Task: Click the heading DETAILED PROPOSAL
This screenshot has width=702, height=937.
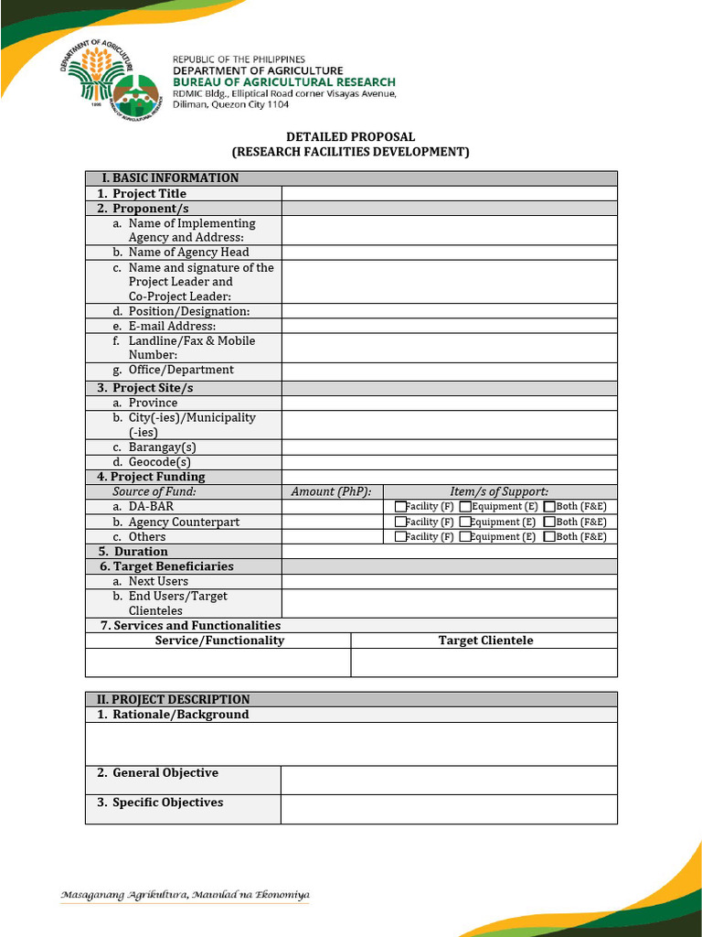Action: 350,136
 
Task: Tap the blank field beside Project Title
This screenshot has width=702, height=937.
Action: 449,193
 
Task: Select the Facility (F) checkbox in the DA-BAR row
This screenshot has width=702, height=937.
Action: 400,507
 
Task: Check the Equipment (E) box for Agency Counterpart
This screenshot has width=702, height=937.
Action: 465,522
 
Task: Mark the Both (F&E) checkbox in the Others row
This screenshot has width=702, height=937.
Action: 548,537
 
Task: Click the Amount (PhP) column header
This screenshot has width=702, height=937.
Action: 331,491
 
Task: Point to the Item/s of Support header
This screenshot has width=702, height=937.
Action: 499,491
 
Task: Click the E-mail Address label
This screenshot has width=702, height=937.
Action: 172,326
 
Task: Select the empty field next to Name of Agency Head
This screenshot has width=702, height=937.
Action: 449,253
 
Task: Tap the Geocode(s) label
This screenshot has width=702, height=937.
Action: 159,462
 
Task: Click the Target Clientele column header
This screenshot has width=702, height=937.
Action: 484,641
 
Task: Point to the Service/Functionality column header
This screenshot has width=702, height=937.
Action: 219,641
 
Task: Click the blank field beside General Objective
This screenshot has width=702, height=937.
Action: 448,780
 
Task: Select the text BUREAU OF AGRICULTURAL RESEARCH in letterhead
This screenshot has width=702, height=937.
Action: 284,81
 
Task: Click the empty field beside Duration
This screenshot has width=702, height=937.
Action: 449,552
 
